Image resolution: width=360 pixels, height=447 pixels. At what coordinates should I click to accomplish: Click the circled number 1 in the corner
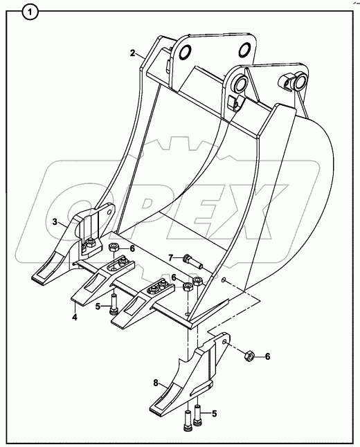29,12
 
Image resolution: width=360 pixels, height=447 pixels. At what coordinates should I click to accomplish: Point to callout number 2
133,53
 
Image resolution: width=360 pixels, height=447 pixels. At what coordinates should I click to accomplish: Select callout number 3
55,221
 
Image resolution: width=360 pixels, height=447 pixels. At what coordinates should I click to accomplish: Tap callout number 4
75,317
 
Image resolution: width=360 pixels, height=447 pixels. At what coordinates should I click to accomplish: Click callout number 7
170,258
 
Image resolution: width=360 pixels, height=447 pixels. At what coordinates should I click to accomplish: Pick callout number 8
156,383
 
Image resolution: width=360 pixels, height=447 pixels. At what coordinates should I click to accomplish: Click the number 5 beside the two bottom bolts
214,414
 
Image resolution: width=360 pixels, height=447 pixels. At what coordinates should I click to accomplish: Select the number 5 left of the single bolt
98,307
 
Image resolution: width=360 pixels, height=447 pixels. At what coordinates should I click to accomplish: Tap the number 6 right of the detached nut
267,356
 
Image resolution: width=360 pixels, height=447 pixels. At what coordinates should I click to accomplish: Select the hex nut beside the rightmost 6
249,356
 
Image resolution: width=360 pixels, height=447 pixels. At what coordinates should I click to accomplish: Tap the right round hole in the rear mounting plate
245,50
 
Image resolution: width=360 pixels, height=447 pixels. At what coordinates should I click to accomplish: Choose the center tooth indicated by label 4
103,280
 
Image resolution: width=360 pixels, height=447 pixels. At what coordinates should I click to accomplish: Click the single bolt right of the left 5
114,304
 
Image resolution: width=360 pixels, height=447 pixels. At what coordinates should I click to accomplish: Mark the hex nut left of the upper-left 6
114,247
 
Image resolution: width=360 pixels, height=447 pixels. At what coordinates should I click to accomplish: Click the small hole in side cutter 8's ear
225,342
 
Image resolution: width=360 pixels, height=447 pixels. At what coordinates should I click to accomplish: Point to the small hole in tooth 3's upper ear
109,212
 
